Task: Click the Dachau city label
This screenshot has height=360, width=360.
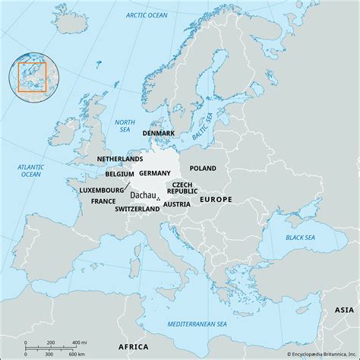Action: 143,195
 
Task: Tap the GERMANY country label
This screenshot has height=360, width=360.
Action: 155,173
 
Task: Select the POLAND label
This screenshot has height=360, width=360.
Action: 203,168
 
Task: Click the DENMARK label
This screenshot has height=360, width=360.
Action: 159,133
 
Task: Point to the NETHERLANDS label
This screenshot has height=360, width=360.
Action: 120,159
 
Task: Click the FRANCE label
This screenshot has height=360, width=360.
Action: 103,201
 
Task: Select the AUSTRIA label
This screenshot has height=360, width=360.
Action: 177,204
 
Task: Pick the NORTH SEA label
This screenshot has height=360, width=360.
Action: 125,125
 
